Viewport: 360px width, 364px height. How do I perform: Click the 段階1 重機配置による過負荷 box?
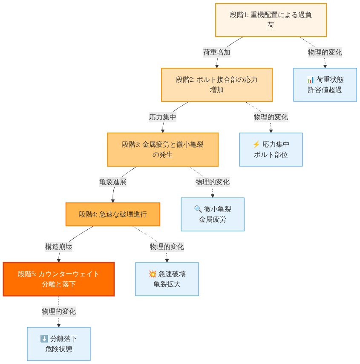pos(271,20)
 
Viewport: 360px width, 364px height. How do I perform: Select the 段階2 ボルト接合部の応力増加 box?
pos(216,85)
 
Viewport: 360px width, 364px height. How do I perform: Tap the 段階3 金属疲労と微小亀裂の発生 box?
pos(162,149)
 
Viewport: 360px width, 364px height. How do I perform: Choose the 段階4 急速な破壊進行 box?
pos(112,214)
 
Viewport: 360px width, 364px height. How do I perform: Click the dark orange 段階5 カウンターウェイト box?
pos(58,279)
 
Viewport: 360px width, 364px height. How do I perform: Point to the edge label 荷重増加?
pos(217,52)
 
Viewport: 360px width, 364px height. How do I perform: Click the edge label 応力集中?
pos(162,117)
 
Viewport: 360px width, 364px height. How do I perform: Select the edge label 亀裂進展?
pos(113,182)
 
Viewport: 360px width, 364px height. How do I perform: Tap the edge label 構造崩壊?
pos(59,246)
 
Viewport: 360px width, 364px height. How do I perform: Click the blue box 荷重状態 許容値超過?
pos(325,84)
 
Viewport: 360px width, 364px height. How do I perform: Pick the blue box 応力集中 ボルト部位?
pos(271,149)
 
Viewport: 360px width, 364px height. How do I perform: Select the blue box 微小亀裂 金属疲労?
pos(212,214)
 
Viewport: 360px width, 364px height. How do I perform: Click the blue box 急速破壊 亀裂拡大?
pos(167,279)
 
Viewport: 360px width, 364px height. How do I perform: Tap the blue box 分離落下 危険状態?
pos(58,344)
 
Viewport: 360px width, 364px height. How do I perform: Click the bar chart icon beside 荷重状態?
pos(310,80)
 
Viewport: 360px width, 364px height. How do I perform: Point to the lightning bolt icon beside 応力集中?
pos(256,144)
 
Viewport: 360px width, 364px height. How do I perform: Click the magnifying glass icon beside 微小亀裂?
pos(198,209)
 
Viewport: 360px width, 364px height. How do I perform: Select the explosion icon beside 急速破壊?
pos(152,274)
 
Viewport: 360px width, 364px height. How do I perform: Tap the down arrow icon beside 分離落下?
pos(44,339)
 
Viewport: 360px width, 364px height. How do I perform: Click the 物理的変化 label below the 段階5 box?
pos(59,311)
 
